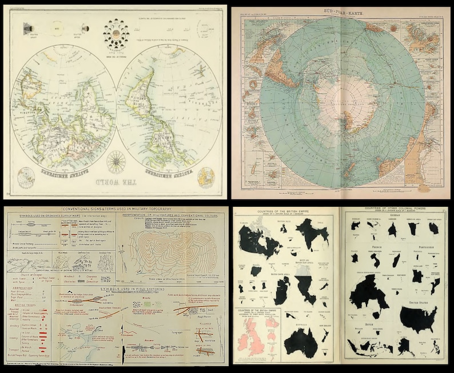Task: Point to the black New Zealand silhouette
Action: click(326, 336)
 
